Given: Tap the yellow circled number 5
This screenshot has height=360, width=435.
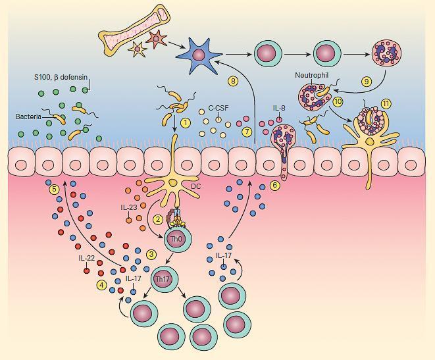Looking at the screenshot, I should [54, 190].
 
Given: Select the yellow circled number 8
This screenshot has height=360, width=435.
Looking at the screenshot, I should [232, 81].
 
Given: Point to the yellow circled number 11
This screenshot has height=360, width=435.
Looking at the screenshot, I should [386, 103].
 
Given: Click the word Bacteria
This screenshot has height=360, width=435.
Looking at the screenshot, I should [29, 116].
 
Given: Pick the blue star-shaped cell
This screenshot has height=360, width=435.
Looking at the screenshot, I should [200, 52].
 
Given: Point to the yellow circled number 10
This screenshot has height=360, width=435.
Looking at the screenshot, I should [338, 101].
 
